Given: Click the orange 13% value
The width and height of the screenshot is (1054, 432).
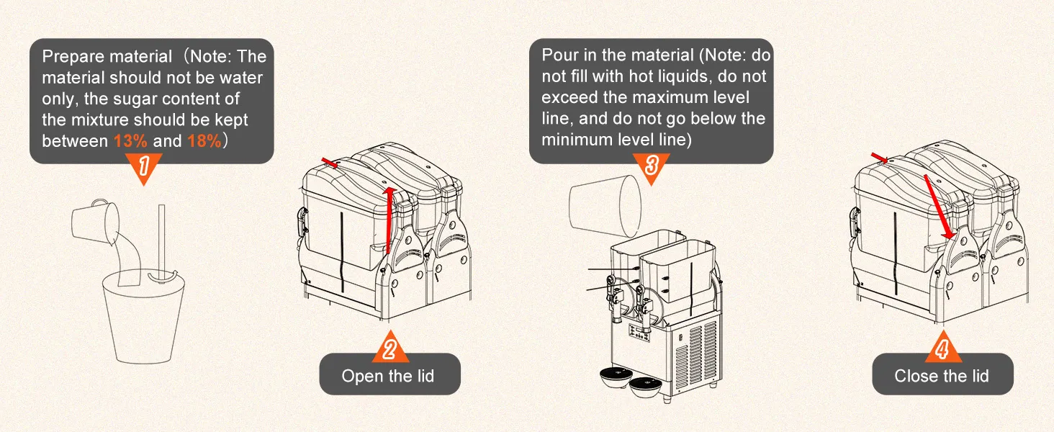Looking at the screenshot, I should [130, 141].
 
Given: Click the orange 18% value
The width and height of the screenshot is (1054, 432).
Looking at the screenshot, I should [204, 141].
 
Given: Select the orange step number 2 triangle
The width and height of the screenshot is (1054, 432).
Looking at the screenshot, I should [389, 348].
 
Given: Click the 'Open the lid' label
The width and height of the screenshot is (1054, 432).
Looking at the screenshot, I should [388, 376].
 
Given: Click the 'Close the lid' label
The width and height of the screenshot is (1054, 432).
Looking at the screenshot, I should [942, 376].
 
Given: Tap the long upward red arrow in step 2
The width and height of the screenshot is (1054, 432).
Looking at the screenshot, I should [389, 220].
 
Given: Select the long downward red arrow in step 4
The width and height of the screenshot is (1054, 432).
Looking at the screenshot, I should [938, 205].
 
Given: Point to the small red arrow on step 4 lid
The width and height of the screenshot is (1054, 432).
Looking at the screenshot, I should [880, 158].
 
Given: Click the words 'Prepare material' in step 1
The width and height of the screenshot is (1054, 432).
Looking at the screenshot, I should [107, 56].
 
